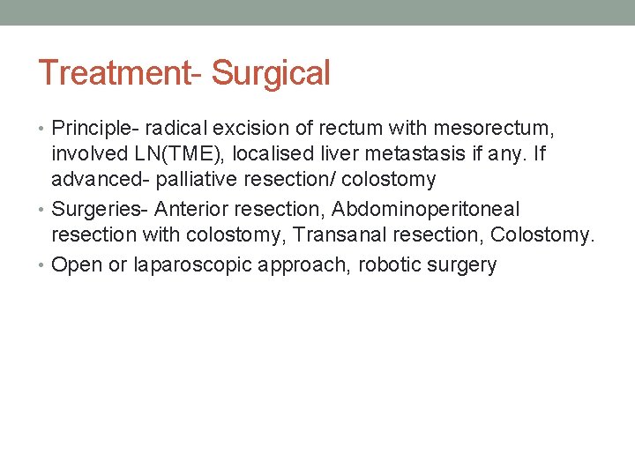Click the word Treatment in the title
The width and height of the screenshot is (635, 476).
[x=107, y=73]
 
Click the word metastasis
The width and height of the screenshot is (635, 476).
[x=407, y=153]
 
